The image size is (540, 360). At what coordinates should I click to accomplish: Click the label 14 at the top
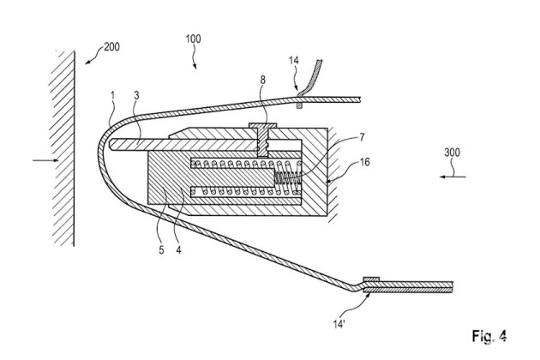(293, 62)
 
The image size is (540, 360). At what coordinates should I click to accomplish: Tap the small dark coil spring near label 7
(289, 179)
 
